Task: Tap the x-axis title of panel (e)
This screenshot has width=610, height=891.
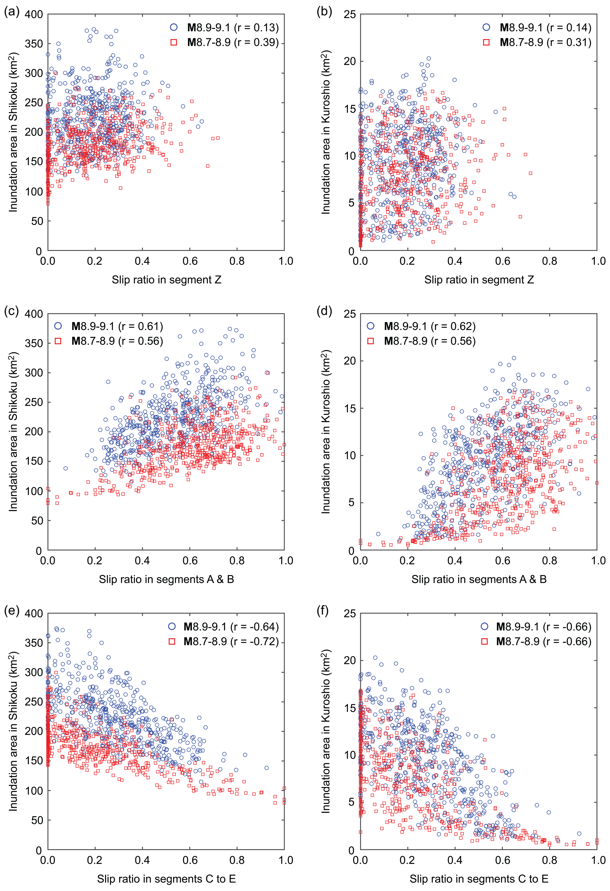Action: pyautogui.click(x=166, y=878)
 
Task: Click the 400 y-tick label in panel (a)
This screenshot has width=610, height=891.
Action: pyautogui.click(x=34, y=15)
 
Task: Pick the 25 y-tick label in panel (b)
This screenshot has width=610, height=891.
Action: pyautogui.click(x=349, y=15)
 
